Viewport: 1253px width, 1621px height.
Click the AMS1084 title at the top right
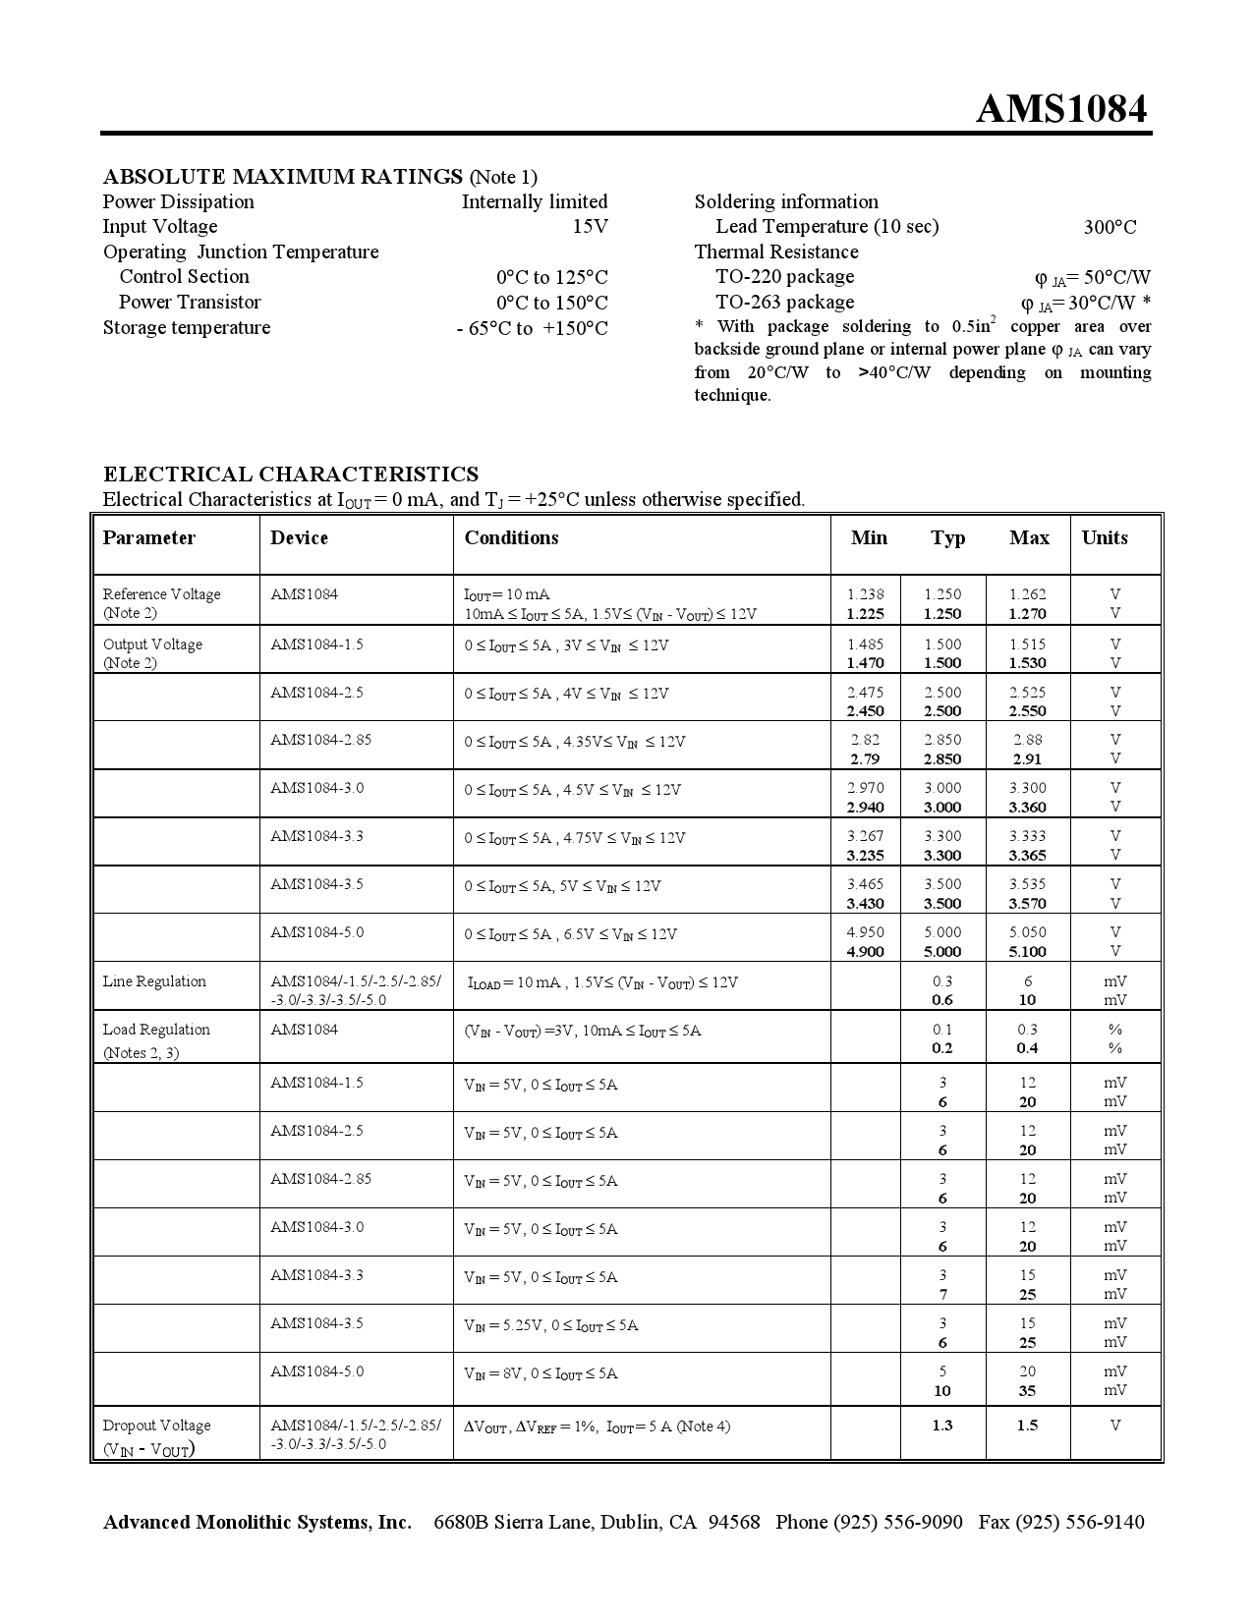pos(1061,109)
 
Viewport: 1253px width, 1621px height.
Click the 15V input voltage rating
pos(590,227)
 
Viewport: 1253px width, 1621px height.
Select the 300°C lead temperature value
pos(1110,227)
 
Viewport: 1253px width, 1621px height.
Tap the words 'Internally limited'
pos(535,201)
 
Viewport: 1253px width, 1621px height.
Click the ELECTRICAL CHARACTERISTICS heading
pos(291,474)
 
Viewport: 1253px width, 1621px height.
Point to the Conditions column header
pos(511,537)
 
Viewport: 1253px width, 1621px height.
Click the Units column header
pos(1105,537)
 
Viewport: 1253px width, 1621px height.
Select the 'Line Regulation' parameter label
pos(154,981)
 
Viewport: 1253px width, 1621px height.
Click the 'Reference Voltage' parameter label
pos(161,594)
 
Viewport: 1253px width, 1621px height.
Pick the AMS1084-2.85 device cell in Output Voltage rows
pos(320,740)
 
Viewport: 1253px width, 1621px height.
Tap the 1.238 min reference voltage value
pos(865,594)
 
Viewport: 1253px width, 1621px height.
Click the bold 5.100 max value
pos(1027,951)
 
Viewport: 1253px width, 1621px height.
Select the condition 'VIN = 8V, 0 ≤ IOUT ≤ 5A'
pos(541,1373)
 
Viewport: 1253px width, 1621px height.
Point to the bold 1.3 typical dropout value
pos(941,1425)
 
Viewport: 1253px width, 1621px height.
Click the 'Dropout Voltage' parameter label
pos(156,1425)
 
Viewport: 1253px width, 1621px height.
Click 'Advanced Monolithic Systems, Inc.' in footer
pos(257,1522)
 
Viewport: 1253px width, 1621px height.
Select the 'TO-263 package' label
pos(784,303)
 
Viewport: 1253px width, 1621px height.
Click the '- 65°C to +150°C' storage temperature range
pos(532,328)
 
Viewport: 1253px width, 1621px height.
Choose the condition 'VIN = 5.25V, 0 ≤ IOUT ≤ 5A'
pos(550,1325)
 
